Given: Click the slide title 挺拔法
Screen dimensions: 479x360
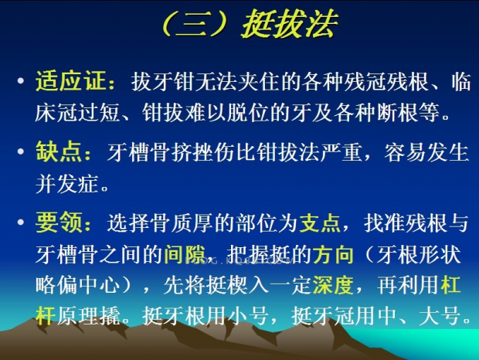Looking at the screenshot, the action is pos(290,24).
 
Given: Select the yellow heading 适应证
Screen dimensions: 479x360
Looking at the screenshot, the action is pos(71,81).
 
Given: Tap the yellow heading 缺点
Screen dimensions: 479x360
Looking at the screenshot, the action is pos(59,151).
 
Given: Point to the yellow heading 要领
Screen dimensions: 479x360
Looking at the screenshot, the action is pos(59,222).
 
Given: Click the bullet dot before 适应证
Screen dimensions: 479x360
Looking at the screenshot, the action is pos(21,81).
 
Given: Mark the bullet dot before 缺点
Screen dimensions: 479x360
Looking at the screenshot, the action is pos(21,151).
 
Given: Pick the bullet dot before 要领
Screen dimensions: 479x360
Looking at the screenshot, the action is pos(21,222).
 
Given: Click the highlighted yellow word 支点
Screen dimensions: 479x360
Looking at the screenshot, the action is pos(320,222).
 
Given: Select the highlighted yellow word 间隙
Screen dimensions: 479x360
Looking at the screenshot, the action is pos(185,254).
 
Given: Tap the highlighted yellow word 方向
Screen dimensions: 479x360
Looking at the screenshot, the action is pos(333,254).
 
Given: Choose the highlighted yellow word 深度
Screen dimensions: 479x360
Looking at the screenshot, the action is pos(333,286).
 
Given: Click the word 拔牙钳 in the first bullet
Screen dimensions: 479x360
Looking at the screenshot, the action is pos(163,82).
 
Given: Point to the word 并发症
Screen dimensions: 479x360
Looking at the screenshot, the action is pos(67,184).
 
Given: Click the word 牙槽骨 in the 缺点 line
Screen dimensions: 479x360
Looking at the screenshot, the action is pos(139,151).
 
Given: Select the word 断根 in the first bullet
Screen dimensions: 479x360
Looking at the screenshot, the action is pos(397,113).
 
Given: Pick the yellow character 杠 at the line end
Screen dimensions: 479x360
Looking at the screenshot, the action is pos(450,286).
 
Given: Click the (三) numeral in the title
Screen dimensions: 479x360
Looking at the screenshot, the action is pos(195,25).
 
